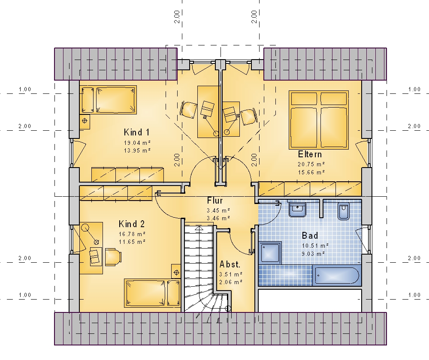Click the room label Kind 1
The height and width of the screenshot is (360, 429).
(136, 132)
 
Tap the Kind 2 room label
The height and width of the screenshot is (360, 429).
(132, 224)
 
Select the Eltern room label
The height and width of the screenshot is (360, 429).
(310, 154)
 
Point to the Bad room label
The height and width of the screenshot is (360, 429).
(310, 236)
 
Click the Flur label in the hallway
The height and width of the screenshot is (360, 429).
(215, 201)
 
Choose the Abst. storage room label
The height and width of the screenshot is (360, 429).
(230, 264)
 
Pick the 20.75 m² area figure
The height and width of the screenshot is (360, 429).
(311, 164)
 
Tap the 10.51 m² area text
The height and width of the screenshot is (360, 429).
(315, 246)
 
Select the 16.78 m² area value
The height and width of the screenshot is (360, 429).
(132, 234)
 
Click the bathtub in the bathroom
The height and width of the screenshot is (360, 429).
(337, 276)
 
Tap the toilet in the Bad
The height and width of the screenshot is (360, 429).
(344, 211)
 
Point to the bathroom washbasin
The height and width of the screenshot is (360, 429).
(298, 210)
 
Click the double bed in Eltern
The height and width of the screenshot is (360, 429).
(319, 120)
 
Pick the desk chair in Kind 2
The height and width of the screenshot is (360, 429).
(113, 257)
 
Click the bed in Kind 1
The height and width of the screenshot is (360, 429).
(109, 100)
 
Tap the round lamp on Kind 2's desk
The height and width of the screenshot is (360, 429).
(85, 228)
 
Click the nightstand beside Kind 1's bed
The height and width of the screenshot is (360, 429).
(85, 120)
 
